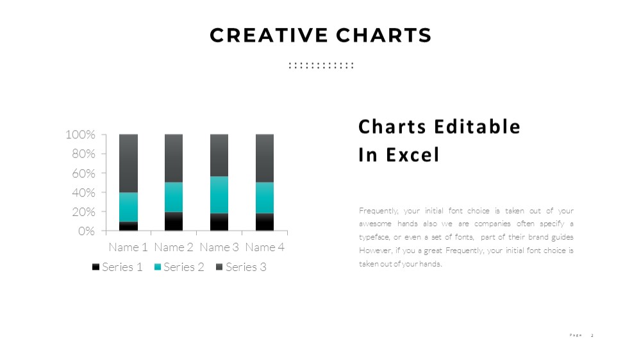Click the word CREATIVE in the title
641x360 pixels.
pyautogui.click(x=269, y=35)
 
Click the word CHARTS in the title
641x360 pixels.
pyautogui.click(x=384, y=35)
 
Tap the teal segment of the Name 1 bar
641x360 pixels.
pyautogui.click(x=128, y=207)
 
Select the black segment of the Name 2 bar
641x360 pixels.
pyautogui.click(x=174, y=221)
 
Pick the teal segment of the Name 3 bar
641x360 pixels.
pyautogui.click(x=219, y=195)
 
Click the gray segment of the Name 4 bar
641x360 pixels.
pyautogui.click(x=265, y=158)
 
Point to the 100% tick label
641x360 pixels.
pyautogui.click(x=80, y=135)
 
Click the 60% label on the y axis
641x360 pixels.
pyautogui.click(x=83, y=173)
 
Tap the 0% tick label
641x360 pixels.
pyautogui.click(x=87, y=231)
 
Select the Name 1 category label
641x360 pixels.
pyautogui.click(x=128, y=247)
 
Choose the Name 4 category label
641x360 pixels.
pyautogui.click(x=265, y=247)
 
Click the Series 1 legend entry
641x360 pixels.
pyautogui.click(x=117, y=267)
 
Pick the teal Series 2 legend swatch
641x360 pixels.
pyautogui.click(x=158, y=267)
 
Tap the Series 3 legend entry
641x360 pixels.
pyautogui.click(x=241, y=267)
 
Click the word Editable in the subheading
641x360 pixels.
pyautogui.click(x=477, y=127)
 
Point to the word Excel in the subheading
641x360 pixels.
pyautogui.click(x=412, y=155)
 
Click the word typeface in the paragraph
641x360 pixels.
pyautogui.click(x=374, y=238)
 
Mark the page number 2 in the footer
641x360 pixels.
pyautogui.click(x=592, y=336)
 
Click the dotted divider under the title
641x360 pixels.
pyautogui.click(x=321, y=65)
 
